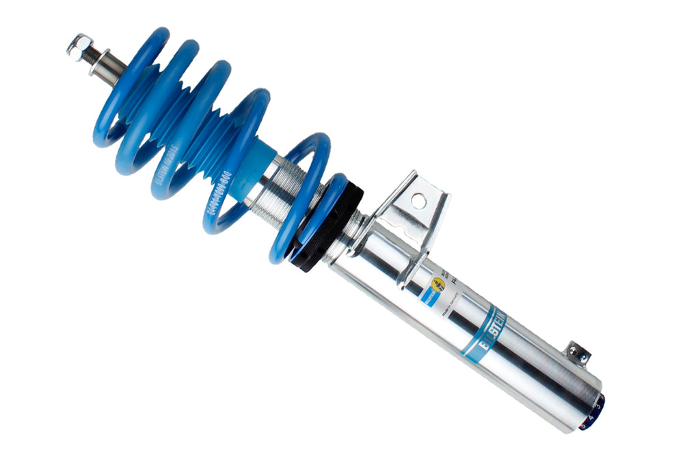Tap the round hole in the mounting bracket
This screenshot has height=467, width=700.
point(417,200)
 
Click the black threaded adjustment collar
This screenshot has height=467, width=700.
point(328,226)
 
